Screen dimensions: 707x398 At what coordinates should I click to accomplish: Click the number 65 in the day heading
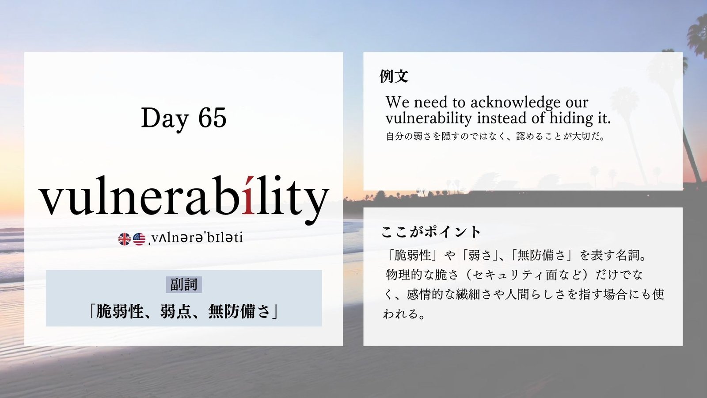(213, 118)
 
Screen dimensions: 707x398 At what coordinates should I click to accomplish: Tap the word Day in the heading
(165, 119)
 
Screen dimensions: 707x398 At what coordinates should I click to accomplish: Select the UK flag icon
(124, 239)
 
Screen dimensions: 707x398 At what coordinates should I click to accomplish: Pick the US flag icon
(139, 239)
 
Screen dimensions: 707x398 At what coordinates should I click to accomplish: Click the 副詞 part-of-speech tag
(184, 285)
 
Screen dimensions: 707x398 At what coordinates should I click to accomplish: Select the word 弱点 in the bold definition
(175, 312)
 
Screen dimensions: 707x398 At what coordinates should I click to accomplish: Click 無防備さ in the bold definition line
(239, 312)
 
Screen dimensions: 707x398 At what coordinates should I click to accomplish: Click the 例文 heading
(394, 76)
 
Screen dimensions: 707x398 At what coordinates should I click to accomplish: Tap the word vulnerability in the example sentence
(429, 119)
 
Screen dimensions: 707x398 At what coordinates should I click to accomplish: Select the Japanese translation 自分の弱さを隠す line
(495, 137)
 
